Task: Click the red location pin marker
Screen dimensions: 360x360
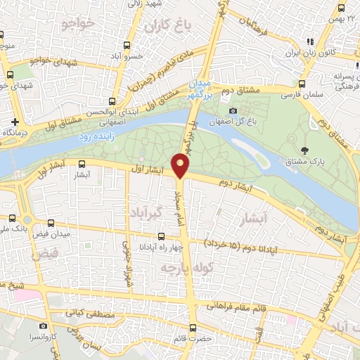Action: pos(181,165)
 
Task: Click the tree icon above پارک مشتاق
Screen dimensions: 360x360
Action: pos(304,149)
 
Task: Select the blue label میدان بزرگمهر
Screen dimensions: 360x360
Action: pos(202,89)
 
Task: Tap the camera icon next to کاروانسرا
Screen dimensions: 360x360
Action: pos(44,326)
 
